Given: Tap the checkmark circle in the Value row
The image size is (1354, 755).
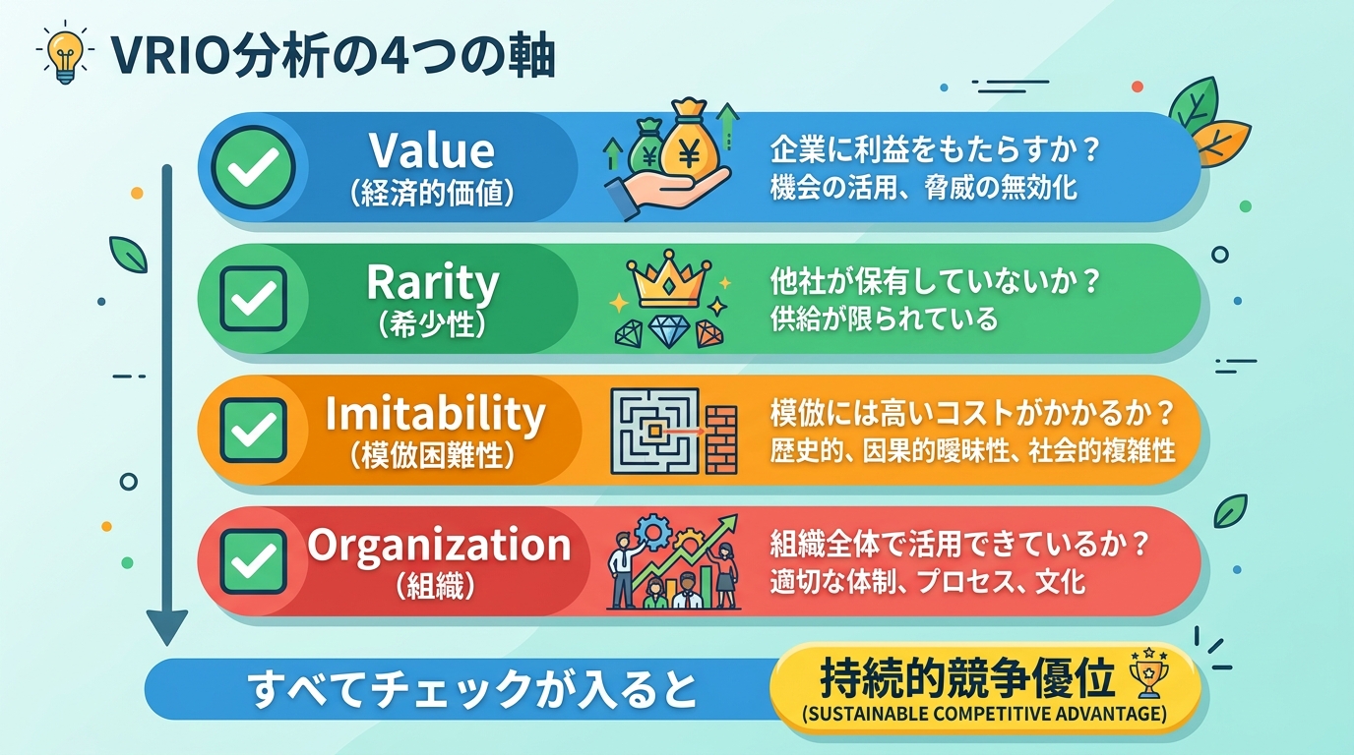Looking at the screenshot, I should point(253,166).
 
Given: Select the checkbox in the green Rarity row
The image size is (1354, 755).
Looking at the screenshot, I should point(253,298).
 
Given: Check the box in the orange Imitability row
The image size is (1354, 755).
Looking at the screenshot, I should point(253,430).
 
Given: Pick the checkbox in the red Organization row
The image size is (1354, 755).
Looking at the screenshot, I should point(253,561).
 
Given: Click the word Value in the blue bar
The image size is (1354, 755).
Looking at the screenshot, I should point(431,150).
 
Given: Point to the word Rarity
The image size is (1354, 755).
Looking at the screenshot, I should point(432,283).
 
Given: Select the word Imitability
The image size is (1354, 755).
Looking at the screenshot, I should point(434,414).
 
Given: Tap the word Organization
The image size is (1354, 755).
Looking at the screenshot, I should point(439,545).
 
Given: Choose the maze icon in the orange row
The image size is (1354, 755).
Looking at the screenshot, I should point(654,430).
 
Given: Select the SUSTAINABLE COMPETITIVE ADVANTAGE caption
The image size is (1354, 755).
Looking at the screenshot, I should point(986,713).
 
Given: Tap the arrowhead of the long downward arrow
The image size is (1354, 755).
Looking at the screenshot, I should point(166,626).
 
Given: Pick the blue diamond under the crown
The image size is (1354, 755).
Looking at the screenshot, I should point(669,332).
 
